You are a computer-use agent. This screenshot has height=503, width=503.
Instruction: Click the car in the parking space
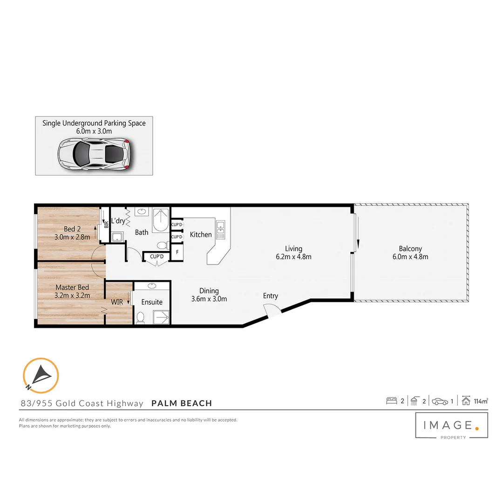[94, 153]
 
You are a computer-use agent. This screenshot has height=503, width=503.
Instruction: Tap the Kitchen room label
[201, 235]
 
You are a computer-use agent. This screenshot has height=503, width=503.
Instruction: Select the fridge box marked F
[177, 253]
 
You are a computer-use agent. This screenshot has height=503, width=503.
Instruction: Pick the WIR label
[117, 302]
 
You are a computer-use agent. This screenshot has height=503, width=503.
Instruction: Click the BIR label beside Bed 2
[106, 224]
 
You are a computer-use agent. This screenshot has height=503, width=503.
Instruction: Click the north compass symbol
[41, 375]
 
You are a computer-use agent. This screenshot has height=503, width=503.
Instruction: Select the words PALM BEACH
[182, 403]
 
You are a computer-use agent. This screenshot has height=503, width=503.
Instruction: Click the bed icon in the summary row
[392, 401]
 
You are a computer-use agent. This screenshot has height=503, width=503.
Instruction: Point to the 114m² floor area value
[481, 401]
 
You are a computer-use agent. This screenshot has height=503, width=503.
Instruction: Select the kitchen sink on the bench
[221, 228]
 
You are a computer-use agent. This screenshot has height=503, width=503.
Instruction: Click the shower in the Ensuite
[161, 317]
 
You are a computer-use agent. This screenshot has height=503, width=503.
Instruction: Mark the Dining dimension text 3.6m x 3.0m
[209, 299]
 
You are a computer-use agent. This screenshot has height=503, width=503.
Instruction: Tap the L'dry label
[118, 221]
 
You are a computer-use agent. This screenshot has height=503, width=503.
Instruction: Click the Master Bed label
[72, 287]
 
